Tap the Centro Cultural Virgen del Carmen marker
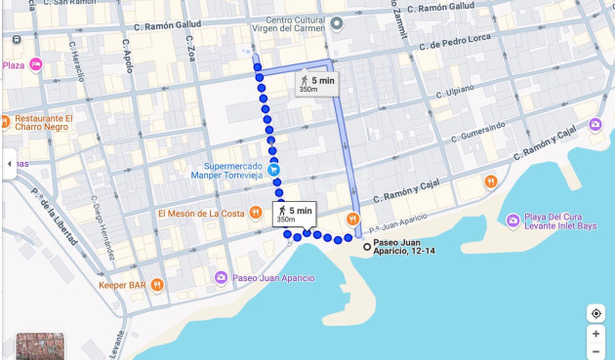pos(337,23)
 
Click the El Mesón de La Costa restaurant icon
pos(255,213)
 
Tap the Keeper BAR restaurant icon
pos(157,285)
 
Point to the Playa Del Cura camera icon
pos(514,220)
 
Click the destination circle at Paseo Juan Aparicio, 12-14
pos(367,247)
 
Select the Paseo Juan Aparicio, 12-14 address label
pos(404,247)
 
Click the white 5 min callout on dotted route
pos(294,214)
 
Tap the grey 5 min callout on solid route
pos(316,84)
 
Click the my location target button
pos(595,313)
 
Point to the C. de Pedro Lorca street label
pos(452,45)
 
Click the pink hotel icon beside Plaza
pos(36,64)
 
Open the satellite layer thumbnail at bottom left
pos(40,346)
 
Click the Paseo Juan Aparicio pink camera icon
pos(222,278)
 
